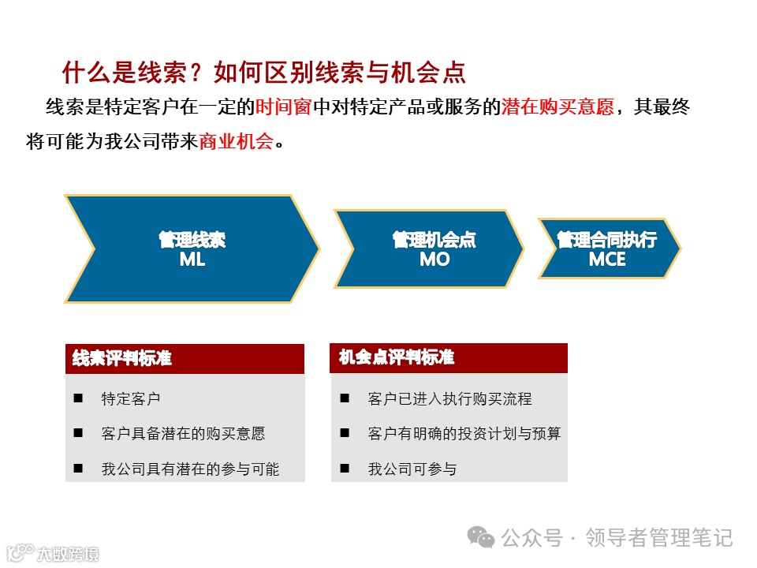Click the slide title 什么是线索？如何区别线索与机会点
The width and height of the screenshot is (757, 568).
point(264,73)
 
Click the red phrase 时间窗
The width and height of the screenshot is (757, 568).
point(284,107)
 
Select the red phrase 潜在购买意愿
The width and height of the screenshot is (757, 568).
point(557,107)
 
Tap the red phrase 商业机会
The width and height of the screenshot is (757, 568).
point(237,142)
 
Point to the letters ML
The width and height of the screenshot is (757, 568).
point(192,260)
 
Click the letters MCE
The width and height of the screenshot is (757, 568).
point(607,260)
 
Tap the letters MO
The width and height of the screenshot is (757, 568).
point(434,260)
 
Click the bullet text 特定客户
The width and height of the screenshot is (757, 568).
point(131,399)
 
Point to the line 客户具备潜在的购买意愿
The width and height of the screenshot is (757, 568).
point(183,434)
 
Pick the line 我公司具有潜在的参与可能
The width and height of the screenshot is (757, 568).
point(190,469)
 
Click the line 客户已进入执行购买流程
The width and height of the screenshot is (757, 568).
point(449,399)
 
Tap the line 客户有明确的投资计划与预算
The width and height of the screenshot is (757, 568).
point(464,434)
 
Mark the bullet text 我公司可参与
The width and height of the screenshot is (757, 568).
point(412,469)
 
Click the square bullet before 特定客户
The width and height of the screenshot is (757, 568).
point(78,399)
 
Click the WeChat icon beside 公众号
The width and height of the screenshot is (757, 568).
point(481,537)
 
